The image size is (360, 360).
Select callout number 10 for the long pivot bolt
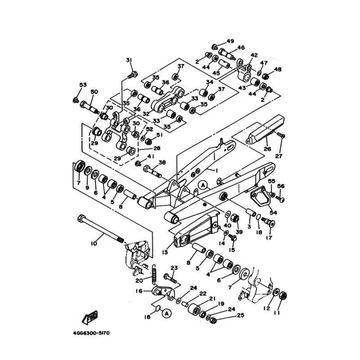pos(94,243)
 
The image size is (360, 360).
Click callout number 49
pos(230,41)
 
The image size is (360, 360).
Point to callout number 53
pos(82,85)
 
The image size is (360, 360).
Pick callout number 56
pos(281,186)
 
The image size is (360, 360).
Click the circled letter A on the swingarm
pos(202,185)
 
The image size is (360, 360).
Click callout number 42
pos(254,55)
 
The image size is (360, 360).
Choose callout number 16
pos(139,291)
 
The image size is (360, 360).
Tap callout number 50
pos(94,92)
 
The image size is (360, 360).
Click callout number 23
pos(174,268)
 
